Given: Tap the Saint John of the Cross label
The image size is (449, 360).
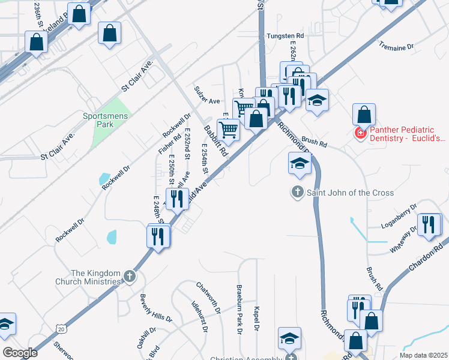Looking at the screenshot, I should point(351,193).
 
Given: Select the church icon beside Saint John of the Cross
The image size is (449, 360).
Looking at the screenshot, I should point(297,193).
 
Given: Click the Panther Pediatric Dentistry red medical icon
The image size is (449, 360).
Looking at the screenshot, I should point(361,133).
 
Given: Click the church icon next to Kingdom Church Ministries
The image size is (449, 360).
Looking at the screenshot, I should point(130,277).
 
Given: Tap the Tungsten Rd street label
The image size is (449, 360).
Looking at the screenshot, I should point(286,36).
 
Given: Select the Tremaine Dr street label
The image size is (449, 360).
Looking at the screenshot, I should point(396,46).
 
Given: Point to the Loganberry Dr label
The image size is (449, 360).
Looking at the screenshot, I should point(399,218).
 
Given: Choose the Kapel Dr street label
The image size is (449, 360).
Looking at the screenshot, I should point(256,317).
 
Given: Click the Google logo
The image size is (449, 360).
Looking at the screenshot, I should point(20,352).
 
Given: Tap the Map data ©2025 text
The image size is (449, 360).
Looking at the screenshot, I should point(424,355).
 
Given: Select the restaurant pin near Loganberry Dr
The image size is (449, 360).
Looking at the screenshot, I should point(428,225).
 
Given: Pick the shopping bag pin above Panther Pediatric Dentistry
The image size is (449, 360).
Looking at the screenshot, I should point(364,115).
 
